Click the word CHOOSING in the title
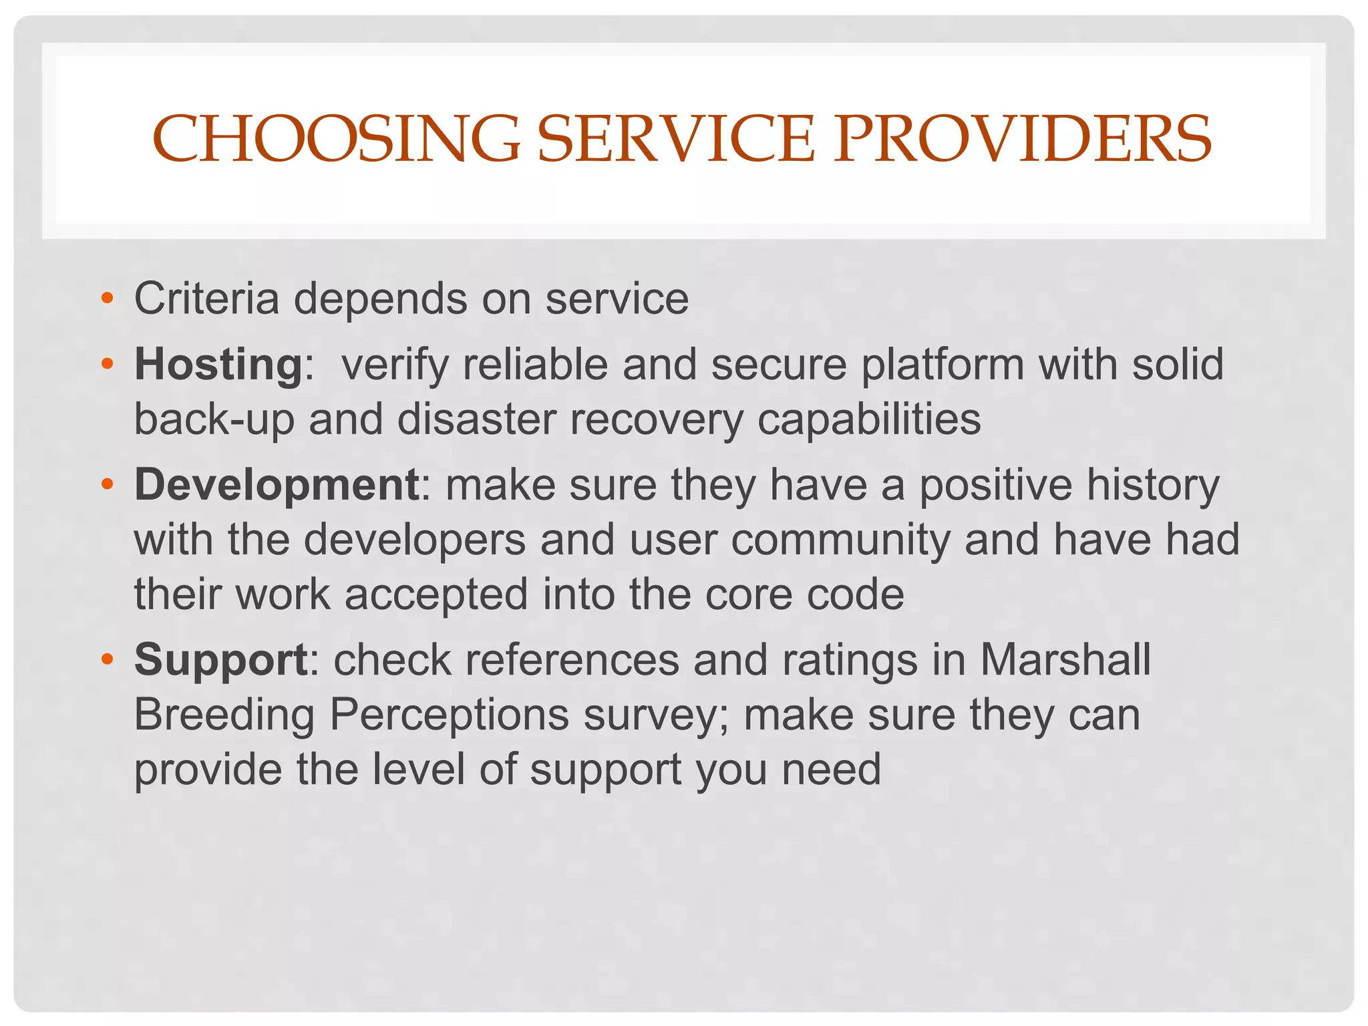pyautogui.click(x=336, y=139)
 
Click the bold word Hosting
pyautogui.click(x=219, y=365)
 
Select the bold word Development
pyautogui.click(x=277, y=484)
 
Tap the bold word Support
pyautogui.click(x=221, y=660)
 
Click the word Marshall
pyautogui.click(x=1065, y=660)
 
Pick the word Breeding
pyautogui.click(x=224, y=715)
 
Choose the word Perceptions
pyautogui.click(x=449, y=715)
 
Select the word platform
pyautogui.click(x=943, y=365)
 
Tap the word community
pyautogui.click(x=840, y=540)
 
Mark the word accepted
pyautogui.click(x=436, y=594)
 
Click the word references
pyautogui.click(x=572, y=660)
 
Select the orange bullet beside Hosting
pyautogui.click(x=107, y=365)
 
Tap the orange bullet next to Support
pyautogui.click(x=107, y=660)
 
